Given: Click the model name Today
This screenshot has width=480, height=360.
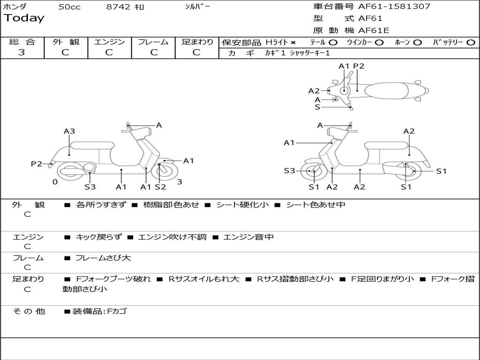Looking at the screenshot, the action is pos(24,18).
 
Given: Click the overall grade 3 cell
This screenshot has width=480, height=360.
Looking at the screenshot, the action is pos(22,52).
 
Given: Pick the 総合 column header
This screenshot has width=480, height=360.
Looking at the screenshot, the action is pos(22,42).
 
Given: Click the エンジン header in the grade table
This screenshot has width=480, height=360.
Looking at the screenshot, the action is pos(109,42).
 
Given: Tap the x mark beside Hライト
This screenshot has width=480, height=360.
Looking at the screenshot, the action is pos(293,42).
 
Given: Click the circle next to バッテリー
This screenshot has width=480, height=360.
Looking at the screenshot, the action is pos(471,42).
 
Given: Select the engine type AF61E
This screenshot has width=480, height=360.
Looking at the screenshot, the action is pos(374,31).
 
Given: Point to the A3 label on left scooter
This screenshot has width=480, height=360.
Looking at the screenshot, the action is pos(69,131).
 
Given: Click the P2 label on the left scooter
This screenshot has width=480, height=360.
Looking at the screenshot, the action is pos(37,164).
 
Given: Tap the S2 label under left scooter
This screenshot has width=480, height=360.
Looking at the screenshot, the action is pos(160,187).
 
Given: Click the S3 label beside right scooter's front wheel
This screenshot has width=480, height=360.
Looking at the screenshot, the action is pos(289,171).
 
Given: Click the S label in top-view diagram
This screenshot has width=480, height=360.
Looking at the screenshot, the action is pos(317,107).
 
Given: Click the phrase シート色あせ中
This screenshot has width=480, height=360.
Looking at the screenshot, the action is pos(315,205).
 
